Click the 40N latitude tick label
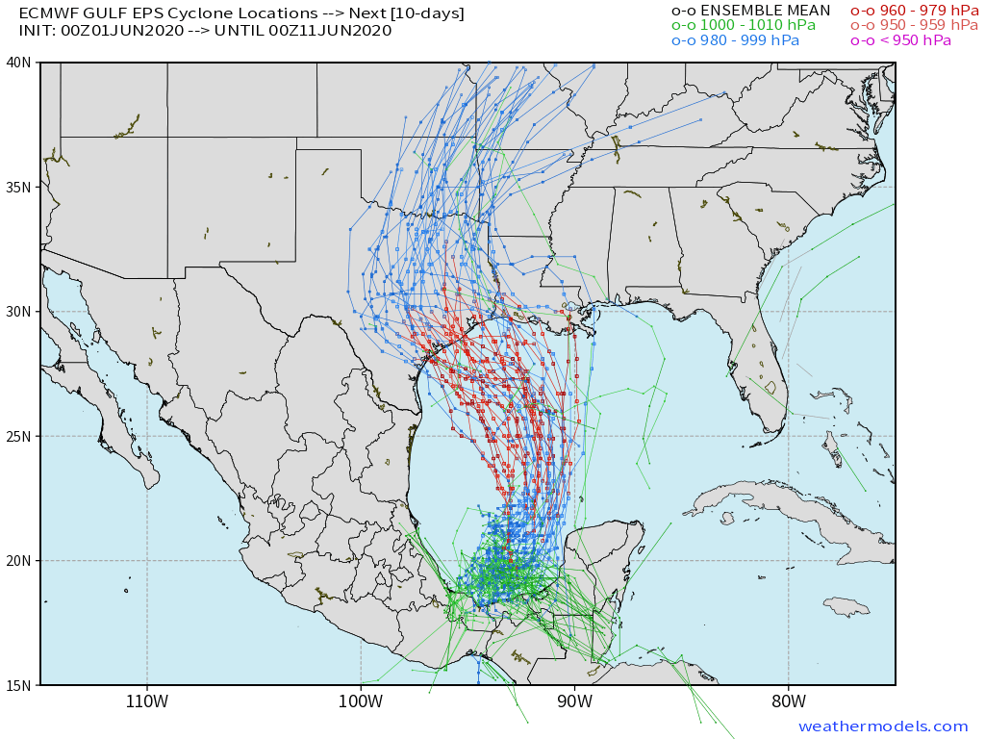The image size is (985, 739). click(x=19, y=63)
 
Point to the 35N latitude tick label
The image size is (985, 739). click(x=19, y=187)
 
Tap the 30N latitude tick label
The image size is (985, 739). click(x=19, y=312)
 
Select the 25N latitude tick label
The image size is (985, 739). click(x=19, y=436)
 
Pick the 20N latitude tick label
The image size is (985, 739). click(x=19, y=561)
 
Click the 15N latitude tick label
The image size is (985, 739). click(x=19, y=685)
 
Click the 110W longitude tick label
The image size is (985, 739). click(x=147, y=701)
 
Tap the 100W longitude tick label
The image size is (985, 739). click(x=361, y=701)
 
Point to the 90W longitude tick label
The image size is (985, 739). click(x=574, y=701)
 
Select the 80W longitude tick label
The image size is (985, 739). click(x=788, y=701)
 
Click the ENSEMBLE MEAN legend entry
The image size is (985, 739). click(x=750, y=11)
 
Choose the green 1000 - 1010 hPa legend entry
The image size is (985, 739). click(x=743, y=25)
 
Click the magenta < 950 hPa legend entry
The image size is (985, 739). click(x=900, y=40)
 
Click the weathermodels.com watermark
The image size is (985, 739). click(x=883, y=726)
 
